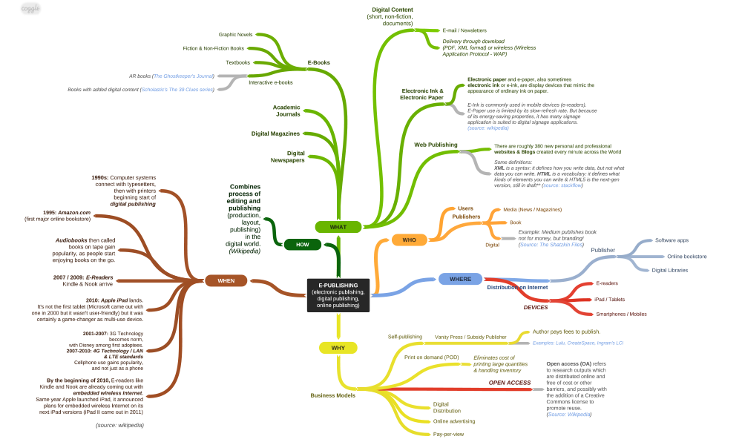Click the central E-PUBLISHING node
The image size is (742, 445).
(338, 294)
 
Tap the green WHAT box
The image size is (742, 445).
(338, 226)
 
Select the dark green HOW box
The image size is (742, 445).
(302, 244)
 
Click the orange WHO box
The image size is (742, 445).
(409, 240)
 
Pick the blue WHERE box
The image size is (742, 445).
(460, 279)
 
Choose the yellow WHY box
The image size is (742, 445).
(338, 347)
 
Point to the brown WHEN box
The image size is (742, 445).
(226, 280)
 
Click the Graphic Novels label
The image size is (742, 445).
(235, 35)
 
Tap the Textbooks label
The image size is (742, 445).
(238, 62)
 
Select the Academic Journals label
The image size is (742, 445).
(286, 111)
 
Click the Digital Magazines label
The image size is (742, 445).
(275, 133)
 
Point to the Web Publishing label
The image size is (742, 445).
(436, 145)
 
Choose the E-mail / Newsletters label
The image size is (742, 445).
(464, 30)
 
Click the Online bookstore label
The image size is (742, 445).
(686, 256)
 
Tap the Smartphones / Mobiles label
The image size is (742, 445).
(621, 314)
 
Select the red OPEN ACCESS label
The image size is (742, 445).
(509, 383)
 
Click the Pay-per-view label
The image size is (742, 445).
(449, 434)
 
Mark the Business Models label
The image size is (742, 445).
(332, 395)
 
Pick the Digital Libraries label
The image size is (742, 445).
(670, 270)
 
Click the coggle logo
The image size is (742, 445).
(30, 9)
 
